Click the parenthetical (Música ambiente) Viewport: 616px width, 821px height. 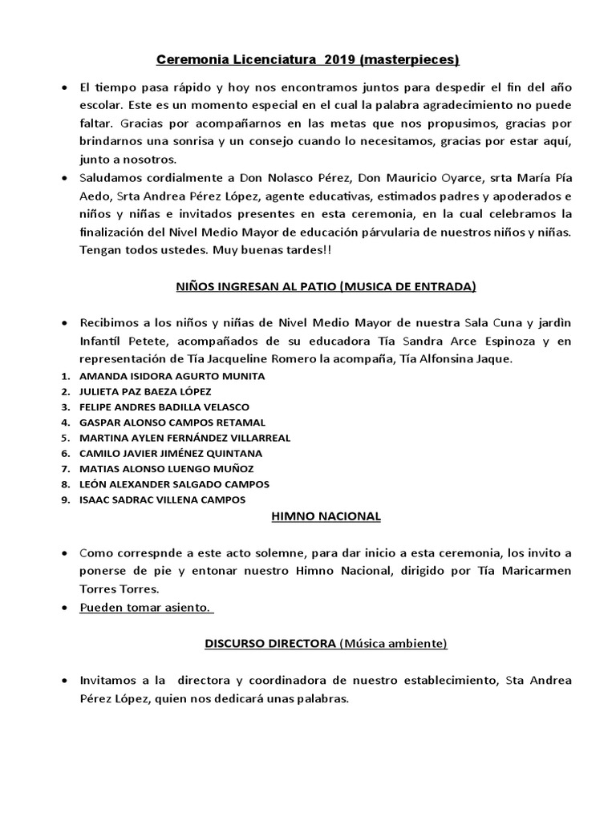pyautogui.click(x=393, y=643)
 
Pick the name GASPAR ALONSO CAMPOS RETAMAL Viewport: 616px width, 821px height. pyautogui.click(x=172, y=422)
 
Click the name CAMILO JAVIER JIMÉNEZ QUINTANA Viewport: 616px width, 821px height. pyautogui.click(x=170, y=453)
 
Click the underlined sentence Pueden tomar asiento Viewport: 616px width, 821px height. pyautogui.click(x=146, y=608)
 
